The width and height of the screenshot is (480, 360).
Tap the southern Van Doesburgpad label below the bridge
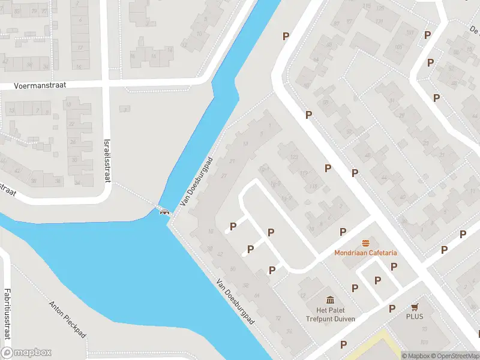[x=235, y=304]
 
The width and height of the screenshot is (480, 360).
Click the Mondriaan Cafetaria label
[x=365, y=253]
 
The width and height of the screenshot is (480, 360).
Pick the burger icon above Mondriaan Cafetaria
[x=365, y=243]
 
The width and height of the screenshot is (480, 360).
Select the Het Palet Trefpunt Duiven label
[x=329, y=314]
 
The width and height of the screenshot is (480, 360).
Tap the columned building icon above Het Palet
[x=329, y=301]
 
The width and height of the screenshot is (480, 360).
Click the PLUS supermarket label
[x=414, y=316]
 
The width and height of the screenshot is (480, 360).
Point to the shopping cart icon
[x=414, y=307]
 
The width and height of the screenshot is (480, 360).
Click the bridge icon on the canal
[x=163, y=210]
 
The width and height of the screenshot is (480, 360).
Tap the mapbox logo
[x=27, y=353]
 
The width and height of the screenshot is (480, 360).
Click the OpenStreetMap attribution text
[x=454, y=356]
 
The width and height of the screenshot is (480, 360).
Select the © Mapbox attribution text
[x=416, y=356]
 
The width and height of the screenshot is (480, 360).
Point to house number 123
[x=294, y=157]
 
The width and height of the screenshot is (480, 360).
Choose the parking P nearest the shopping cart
[x=392, y=308]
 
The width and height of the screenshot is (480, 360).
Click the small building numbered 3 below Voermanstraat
[x=125, y=109]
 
